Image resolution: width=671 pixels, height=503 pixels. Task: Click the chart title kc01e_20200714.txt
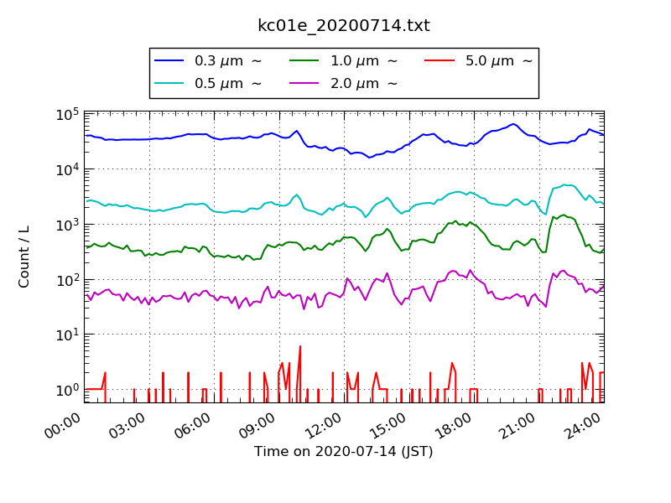[343, 26]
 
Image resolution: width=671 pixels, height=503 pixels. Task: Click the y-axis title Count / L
[24, 257]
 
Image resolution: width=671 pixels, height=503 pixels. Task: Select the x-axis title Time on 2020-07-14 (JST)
[343, 452]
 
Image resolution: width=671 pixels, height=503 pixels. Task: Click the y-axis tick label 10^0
[68, 390]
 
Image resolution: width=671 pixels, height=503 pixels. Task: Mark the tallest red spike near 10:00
[299, 347]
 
